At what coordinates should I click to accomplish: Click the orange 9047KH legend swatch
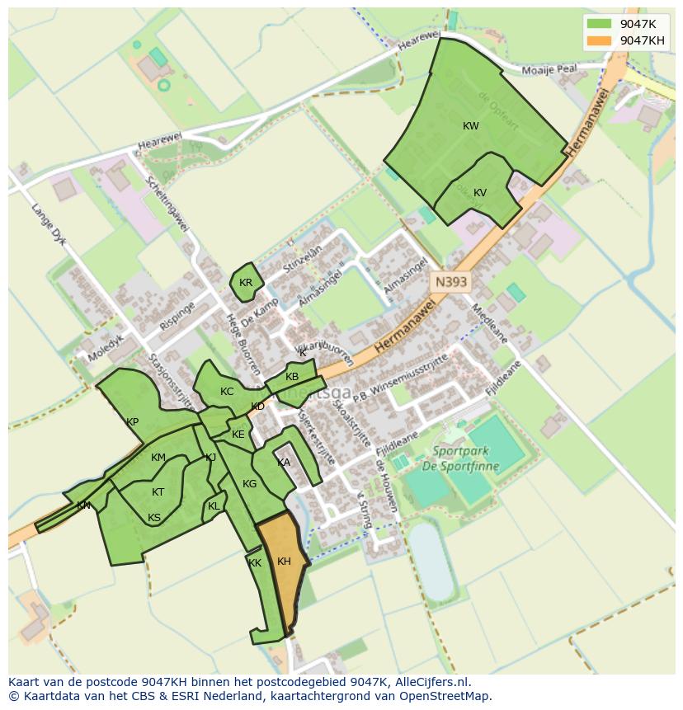point(600,40)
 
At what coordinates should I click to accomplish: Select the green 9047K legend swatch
point(600,24)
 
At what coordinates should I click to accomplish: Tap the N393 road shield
point(450,282)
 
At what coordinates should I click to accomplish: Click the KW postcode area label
point(471,126)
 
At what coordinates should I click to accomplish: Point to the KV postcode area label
point(480,193)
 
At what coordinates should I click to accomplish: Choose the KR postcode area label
point(246,283)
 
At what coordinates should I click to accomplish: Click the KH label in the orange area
point(284,562)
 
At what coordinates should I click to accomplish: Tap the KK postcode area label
point(255,563)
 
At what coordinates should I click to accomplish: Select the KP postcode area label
point(132,422)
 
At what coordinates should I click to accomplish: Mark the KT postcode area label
point(158,492)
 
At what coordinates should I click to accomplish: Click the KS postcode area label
point(154,518)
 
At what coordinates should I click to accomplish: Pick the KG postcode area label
point(250,484)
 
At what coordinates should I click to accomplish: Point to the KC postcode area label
point(227,392)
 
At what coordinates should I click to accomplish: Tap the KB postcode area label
point(292,377)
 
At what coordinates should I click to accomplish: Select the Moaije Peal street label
point(554,71)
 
